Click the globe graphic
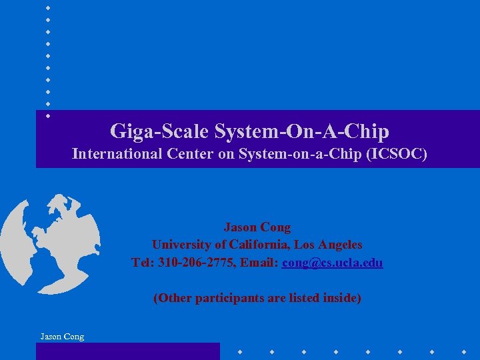[50, 243]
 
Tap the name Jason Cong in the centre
[257, 227]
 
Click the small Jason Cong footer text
[62, 337]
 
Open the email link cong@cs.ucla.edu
[333, 263]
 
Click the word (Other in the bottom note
[172, 298]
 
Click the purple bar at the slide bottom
[127, 351]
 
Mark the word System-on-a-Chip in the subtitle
[291, 154]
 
